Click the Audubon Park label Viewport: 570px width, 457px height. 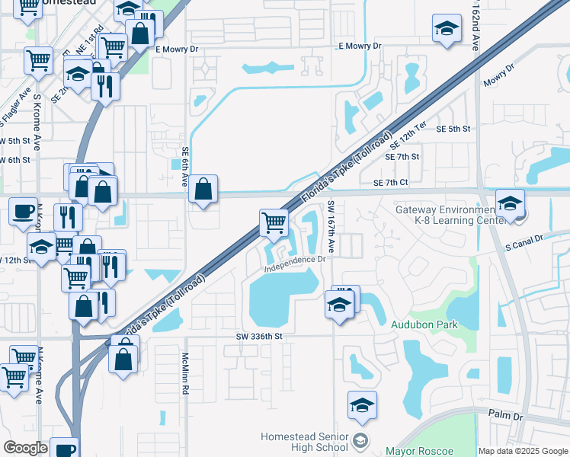[424, 324]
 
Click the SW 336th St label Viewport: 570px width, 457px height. [259, 336]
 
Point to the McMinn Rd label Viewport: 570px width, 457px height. [184, 373]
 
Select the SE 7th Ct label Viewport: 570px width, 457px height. [391, 183]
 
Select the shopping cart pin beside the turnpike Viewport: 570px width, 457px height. [274, 224]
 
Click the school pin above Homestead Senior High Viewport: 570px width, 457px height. [363, 406]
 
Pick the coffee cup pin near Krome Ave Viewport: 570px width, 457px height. [24, 211]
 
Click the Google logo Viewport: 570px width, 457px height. [25, 448]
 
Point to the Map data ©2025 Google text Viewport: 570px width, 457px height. [523, 451]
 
